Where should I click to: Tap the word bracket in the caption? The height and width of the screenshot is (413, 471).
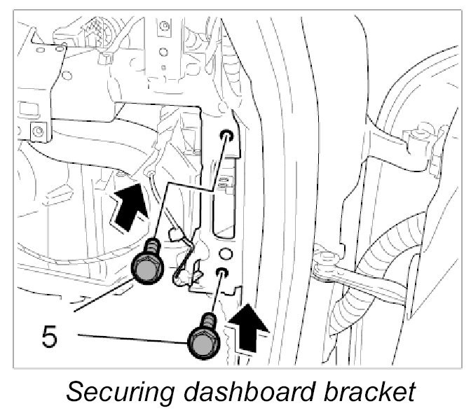[x=372, y=390]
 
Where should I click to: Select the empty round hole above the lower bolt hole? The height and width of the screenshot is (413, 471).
[x=224, y=251]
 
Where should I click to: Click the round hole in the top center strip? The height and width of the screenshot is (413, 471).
[x=163, y=28]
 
